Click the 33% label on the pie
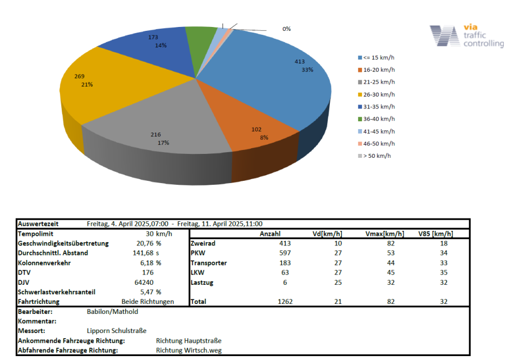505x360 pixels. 307,70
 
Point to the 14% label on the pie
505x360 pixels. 161,45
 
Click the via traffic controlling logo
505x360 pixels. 466,37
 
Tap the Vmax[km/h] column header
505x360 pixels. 384,234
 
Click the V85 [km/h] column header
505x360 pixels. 435,234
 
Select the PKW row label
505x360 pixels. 198,253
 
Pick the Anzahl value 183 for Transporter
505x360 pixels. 287,263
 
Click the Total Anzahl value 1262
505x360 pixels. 286,302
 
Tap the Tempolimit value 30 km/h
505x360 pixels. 159,234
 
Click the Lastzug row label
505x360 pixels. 203,282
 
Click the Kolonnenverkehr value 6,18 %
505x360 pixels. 150,263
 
